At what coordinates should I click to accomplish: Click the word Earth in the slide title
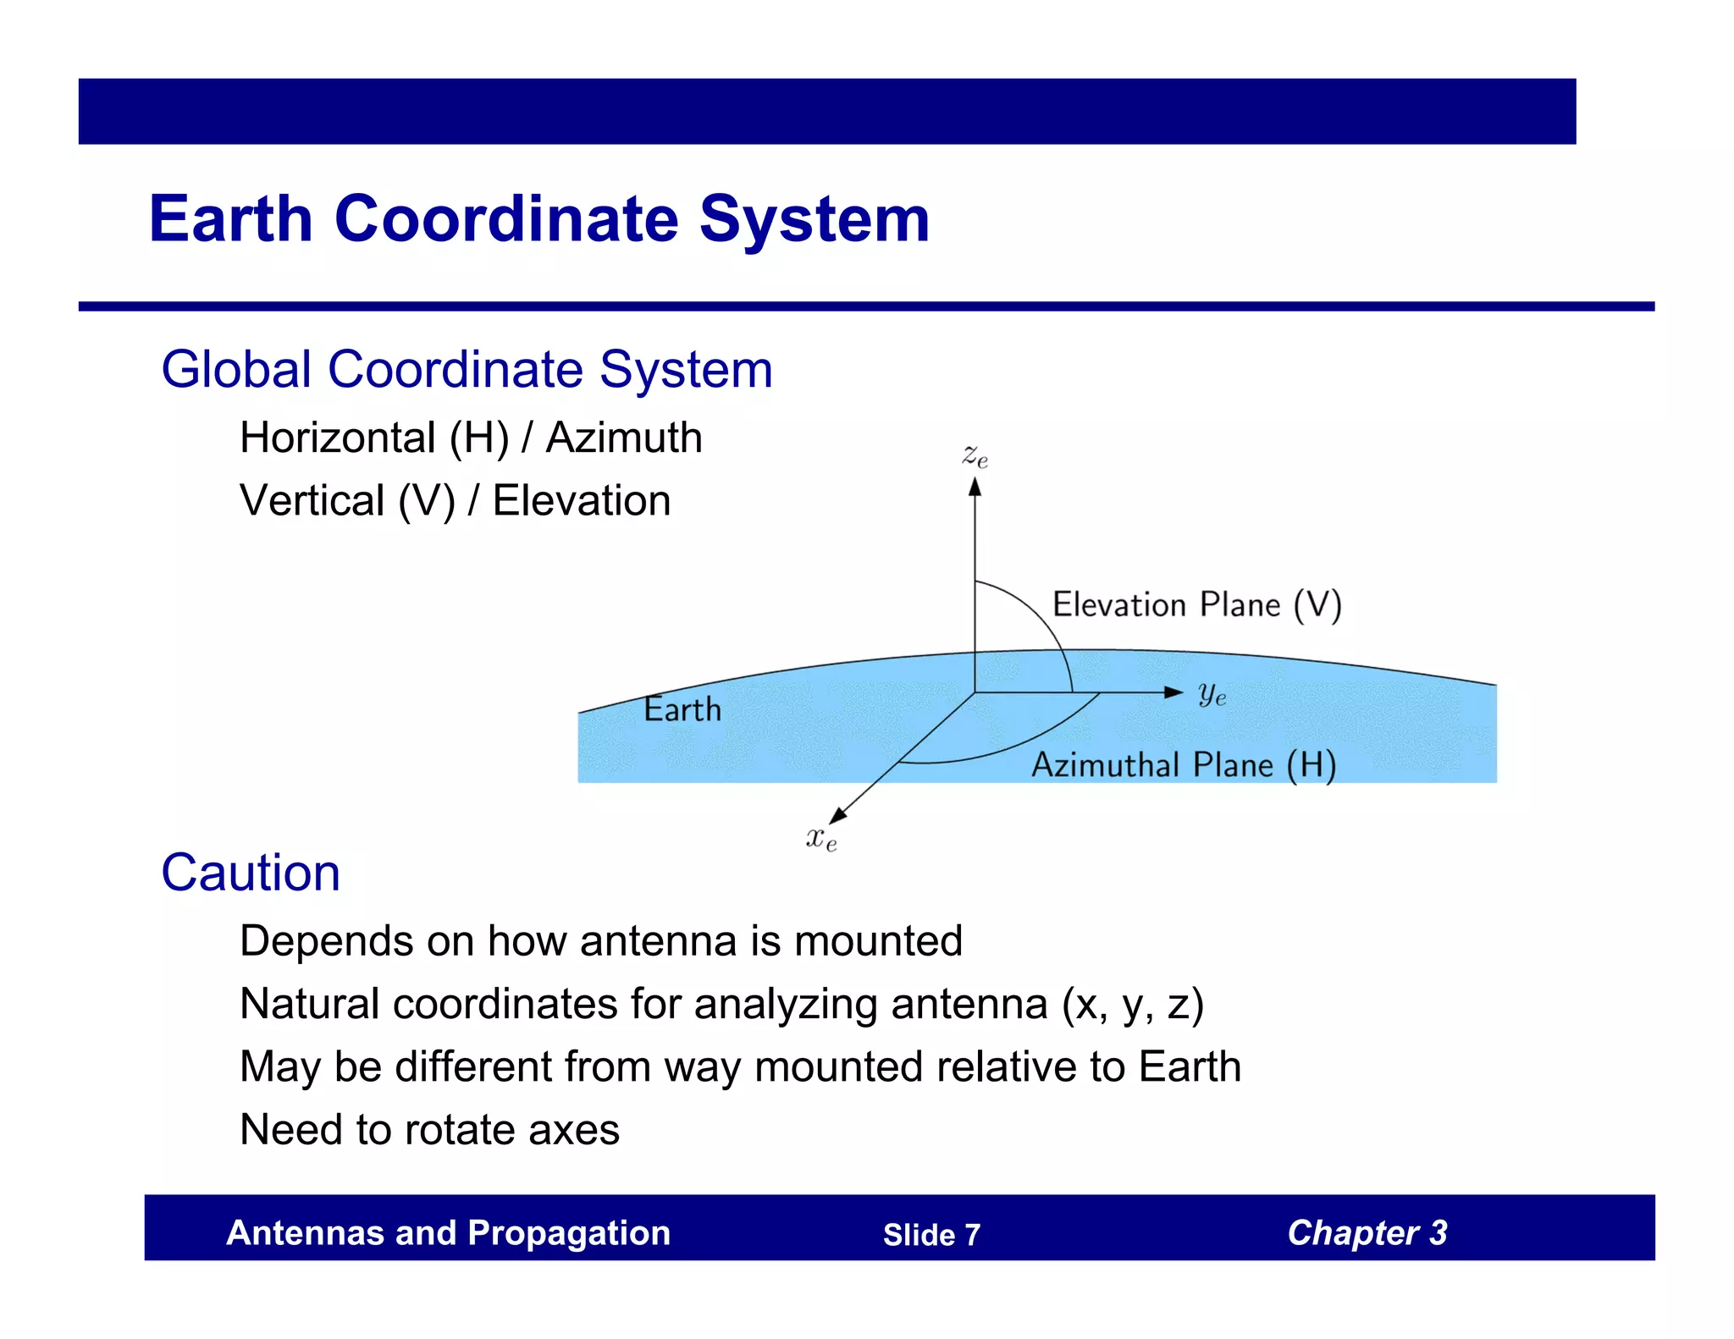coord(231,219)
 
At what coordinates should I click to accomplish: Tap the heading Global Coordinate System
coord(467,370)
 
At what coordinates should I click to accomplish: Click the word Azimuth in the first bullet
coord(624,438)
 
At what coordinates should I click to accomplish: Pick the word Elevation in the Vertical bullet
coord(582,501)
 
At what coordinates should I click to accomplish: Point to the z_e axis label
coord(975,457)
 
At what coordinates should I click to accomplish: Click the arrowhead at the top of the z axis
coord(975,487)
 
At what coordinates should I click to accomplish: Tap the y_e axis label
coord(1212,694)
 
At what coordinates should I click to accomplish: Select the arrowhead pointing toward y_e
coord(1173,692)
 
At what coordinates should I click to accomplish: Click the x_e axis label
coord(820,839)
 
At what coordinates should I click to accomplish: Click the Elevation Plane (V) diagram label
coord(1196,605)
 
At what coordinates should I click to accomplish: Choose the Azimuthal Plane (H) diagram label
coord(1183,765)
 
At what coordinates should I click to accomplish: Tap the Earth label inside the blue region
coord(682,709)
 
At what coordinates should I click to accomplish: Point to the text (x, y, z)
coord(1133,1005)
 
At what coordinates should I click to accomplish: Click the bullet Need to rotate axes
coord(429,1130)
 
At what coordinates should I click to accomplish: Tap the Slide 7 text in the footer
coord(931,1235)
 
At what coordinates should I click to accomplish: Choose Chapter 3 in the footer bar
coord(1367,1233)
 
